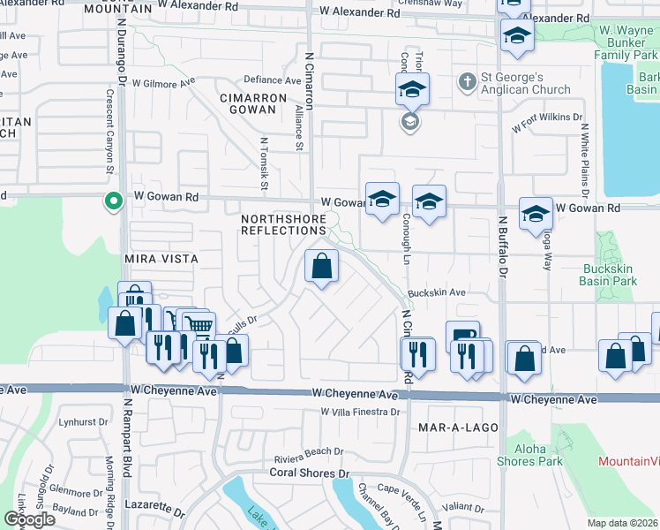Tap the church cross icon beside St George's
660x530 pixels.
(x=467, y=83)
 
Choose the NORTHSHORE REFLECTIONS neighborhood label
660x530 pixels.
(x=284, y=224)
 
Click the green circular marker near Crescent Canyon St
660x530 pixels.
(x=113, y=201)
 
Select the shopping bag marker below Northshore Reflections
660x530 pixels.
(x=322, y=266)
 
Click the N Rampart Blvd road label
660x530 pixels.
(x=126, y=442)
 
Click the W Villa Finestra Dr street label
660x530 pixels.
(x=361, y=412)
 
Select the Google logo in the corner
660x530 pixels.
(x=29, y=519)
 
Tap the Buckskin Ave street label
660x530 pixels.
(x=436, y=293)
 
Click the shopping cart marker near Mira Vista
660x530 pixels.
(x=199, y=326)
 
